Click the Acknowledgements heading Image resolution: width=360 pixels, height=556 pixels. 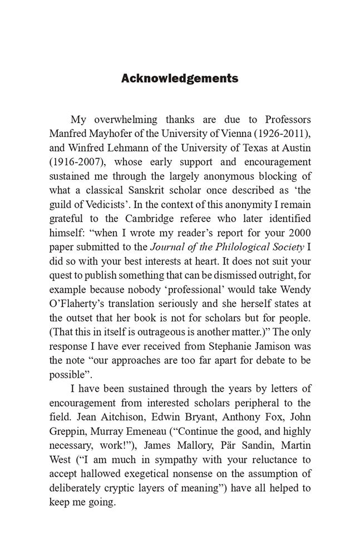click(x=180, y=78)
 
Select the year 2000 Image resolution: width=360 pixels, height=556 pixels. click(x=300, y=235)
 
